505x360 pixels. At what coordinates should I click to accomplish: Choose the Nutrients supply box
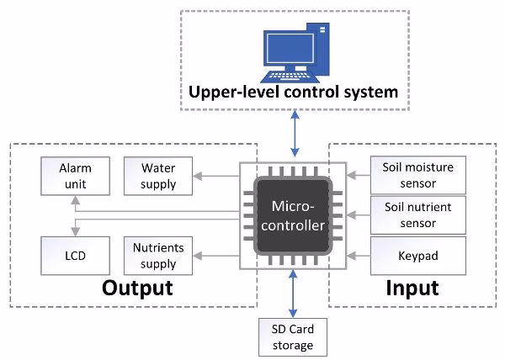[158, 254]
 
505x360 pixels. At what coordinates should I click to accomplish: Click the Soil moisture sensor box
[418, 173]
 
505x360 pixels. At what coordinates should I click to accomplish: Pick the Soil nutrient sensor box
[418, 214]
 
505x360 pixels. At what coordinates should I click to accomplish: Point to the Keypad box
[418, 254]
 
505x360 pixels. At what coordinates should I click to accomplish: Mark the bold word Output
[137, 289]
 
